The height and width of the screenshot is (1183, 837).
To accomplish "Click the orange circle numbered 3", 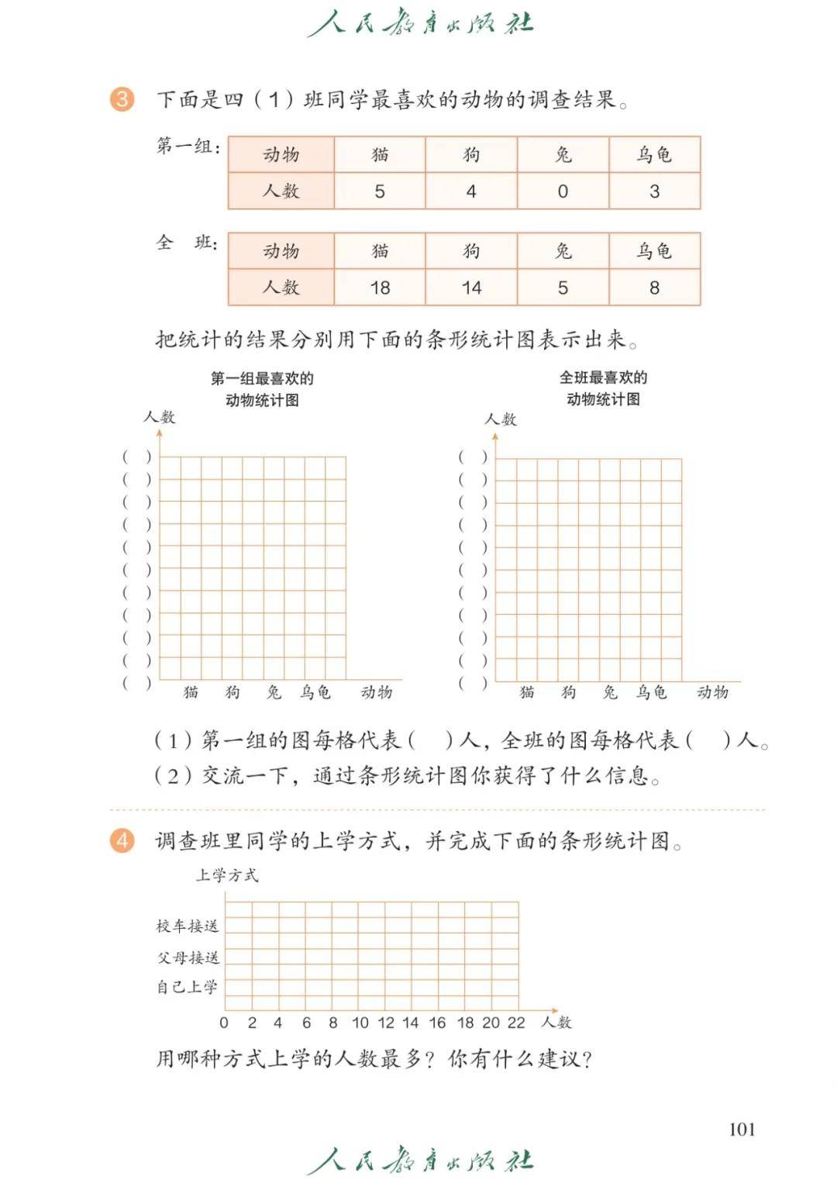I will [122, 99].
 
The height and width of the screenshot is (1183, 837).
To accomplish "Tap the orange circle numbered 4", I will [122, 840].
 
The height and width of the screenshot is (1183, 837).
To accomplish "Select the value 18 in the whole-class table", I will [380, 288].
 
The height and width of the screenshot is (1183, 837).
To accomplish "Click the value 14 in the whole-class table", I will [471, 288].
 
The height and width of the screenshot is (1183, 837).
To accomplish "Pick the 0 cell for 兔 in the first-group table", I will [563, 191].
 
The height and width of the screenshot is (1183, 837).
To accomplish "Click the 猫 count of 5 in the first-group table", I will [380, 191].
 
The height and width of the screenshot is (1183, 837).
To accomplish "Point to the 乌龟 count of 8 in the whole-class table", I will [654, 288].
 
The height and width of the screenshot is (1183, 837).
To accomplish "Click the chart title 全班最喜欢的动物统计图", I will [603, 388].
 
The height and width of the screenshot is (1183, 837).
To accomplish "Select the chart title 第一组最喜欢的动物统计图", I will [262, 389].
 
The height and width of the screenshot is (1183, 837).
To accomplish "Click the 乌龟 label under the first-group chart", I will [315, 692].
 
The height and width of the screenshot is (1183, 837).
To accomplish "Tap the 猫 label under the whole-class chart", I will [527, 692].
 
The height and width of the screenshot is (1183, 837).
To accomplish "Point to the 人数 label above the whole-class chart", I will [501, 419].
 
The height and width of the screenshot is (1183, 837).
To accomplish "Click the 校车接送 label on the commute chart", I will [188, 926].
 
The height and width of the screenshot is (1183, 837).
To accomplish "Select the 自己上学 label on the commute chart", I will [188, 987].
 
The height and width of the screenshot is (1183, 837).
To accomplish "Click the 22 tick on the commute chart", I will [516, 1023].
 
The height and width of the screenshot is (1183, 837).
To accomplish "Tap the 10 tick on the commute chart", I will [360, 1023].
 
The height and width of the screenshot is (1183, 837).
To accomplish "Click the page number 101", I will [742, 1129].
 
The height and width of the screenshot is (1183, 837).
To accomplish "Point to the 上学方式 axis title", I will [226, 875].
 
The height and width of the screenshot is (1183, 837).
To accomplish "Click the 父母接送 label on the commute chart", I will [188, 957].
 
